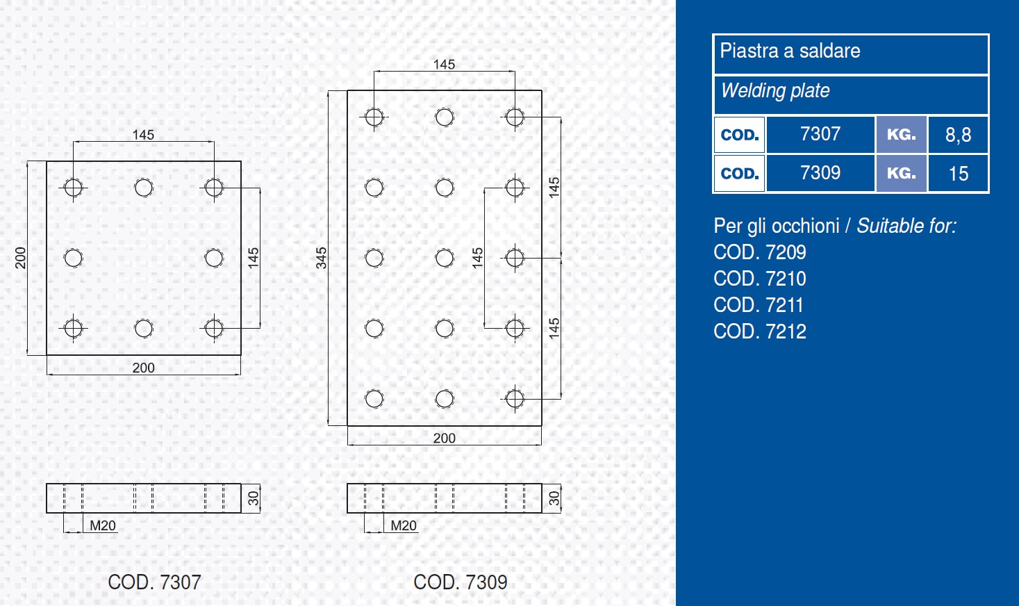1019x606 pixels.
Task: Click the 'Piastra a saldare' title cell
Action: tap(790, 51)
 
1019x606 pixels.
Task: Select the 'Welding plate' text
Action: tap(775, 91)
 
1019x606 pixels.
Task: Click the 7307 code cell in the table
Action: tap(820, 134)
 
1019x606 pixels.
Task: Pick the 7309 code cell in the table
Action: tap(820, 173)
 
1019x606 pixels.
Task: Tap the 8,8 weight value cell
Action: tap(958, 135)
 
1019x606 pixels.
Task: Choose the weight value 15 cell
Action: tap(958, 174)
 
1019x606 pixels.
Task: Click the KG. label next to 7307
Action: tap(901, 135)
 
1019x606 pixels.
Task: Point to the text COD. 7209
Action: tap(760, 252)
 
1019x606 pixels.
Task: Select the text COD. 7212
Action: tap(760, 331)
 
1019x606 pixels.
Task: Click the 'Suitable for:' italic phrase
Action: tap(906, 226)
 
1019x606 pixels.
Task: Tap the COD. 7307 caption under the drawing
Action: tap(154, 582)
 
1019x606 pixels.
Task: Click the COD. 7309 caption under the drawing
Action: tap(461, 582)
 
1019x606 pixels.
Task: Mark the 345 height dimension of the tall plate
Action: tap(321, 258)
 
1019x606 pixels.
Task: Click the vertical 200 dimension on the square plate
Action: tap(21, 258)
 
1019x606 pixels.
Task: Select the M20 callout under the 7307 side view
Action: tap(103, 526)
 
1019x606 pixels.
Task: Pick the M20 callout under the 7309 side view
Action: tap(404, 526)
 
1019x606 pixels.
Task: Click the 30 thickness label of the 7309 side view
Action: tap(554, 498)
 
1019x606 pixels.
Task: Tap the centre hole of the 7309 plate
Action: tap(445, 258)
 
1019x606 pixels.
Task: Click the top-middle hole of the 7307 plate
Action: tap(144, 188)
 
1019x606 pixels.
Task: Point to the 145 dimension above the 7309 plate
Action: tap(444, 65)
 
